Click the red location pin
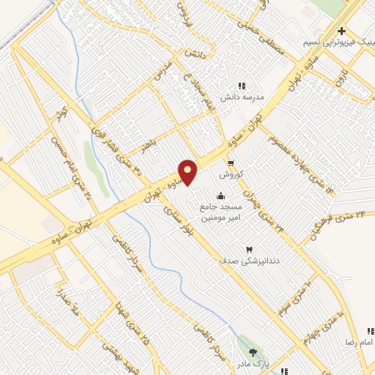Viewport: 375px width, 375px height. (188, 173)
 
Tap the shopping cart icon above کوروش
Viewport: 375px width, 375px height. (231, 163)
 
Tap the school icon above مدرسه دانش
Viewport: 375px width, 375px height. (242, 86)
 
